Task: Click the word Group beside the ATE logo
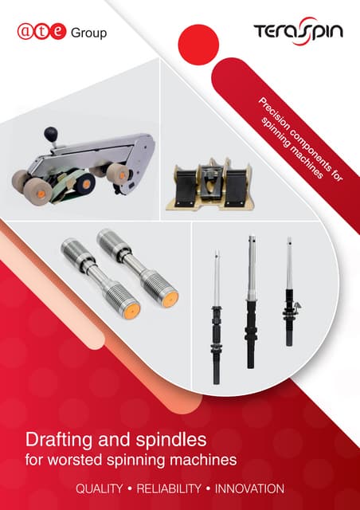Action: (88, 33)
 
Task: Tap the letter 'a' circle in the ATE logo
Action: (25, 32)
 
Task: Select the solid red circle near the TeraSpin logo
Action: (198, 45)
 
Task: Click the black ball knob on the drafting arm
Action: (51, 133)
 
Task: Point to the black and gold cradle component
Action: (210, 184)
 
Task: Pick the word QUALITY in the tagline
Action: (100, 488)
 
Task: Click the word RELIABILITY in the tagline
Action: (169, 488)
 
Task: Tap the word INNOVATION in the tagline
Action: (249, 488)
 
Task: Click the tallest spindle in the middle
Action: (251, 302)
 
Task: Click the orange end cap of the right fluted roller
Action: (170, 300)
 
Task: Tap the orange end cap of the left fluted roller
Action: (131, 311)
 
